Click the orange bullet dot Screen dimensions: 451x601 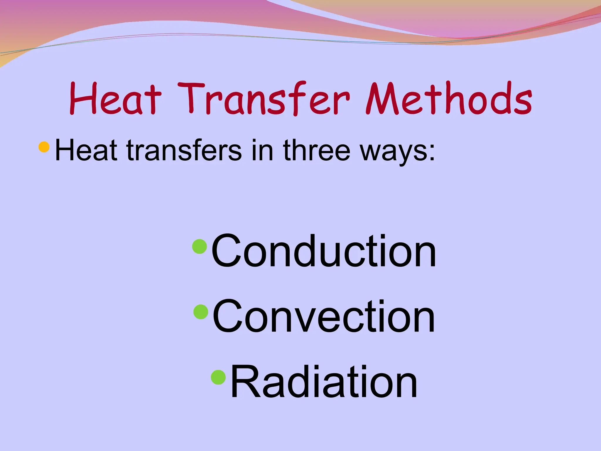click(44, 147)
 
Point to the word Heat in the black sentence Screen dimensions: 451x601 click(86, 150)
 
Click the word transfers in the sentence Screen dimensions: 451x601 click(184, 150)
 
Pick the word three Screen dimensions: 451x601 click(317, 150)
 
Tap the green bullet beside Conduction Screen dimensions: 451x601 click(200, 246)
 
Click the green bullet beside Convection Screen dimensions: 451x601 click(201, 312)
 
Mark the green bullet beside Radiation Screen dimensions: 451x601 click(219, 377)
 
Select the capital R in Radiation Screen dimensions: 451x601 click(245, 381)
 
